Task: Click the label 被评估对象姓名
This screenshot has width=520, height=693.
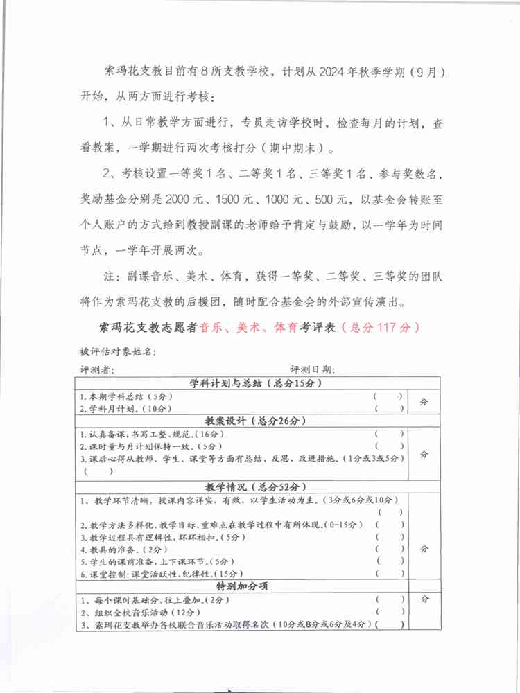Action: point(119,352)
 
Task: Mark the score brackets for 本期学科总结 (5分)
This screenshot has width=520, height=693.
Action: point(388,396)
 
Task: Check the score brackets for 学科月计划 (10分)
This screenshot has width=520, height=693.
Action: point(388,408)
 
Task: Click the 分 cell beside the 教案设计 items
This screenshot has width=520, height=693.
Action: point(424,454)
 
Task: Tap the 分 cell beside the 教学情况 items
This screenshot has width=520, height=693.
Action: point(424,547)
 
